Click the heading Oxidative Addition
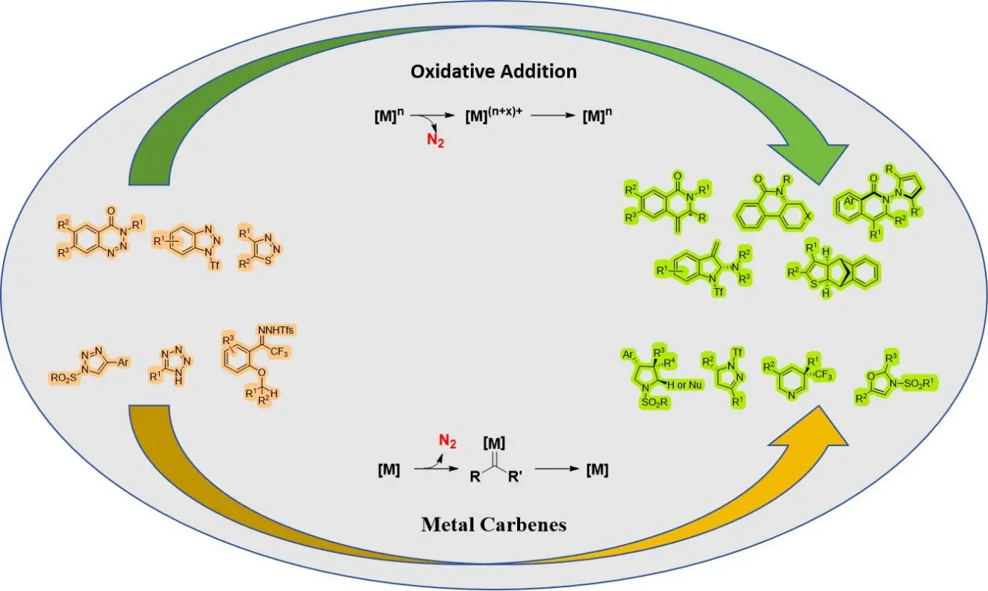(493, 72)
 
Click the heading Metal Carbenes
(493, 524)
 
